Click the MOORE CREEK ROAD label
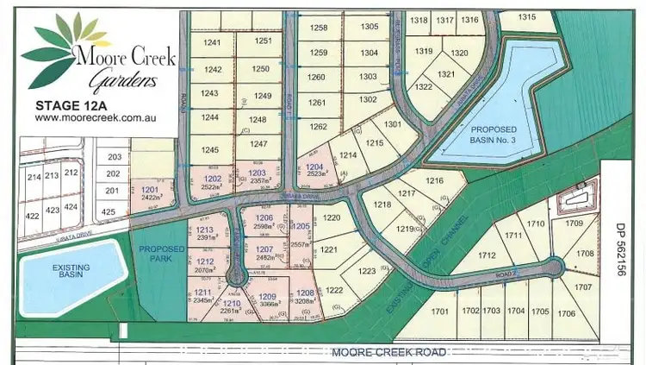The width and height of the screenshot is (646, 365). coord(388,352)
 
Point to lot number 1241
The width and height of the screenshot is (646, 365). coord(212,41)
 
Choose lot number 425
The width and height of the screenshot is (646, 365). coord(109,211)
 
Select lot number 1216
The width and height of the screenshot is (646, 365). coord(433,180)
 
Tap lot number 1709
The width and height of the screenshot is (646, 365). coord(599,223)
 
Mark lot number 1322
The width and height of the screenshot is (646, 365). coord(423,86)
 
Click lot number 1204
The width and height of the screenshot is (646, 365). coord(314,167)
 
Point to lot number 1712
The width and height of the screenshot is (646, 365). coord(488,255)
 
